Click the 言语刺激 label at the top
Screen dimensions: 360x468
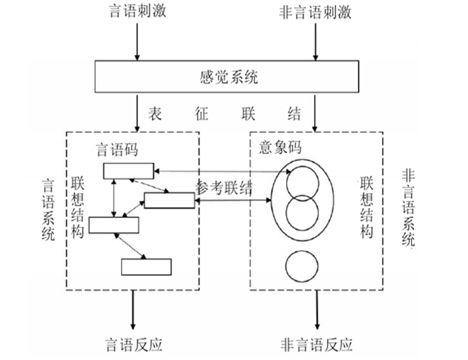point(136,14)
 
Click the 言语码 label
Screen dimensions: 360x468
point(118,150)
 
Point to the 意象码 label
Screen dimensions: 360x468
point(280,147)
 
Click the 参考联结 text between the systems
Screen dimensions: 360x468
point(224,188)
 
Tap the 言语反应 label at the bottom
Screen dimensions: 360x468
point(133,343)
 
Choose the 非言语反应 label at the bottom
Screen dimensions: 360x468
point(316,343)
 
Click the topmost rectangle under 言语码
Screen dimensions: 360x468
point(128,170)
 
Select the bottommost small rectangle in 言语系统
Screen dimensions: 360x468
point(146,266)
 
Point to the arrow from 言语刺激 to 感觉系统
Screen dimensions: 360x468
point(136,42)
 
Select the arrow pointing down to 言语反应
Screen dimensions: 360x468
point(133,310)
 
